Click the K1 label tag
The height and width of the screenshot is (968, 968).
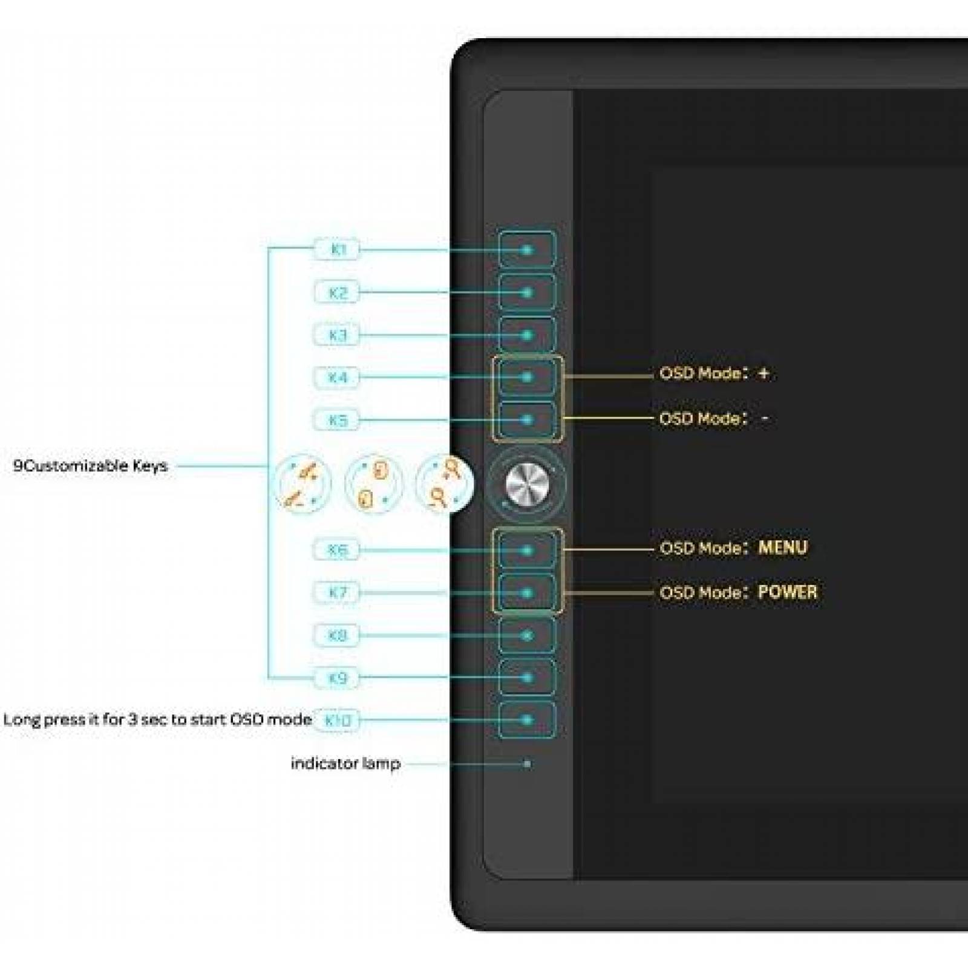[337, 249]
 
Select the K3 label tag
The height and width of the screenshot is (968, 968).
[337, 335]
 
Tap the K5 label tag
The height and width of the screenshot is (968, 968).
[337, 419]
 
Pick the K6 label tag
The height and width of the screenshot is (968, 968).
[337, 550]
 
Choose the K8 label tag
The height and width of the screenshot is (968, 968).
[337, 635]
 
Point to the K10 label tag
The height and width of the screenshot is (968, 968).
[337, 720]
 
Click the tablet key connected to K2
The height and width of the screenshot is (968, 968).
[527, 293]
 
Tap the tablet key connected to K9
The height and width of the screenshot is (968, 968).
[527, 678]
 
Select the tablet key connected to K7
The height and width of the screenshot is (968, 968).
[527, 593]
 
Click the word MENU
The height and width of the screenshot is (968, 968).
[782, 548]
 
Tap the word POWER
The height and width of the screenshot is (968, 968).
[787, 592]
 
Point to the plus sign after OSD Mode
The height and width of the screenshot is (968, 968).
[764, 373]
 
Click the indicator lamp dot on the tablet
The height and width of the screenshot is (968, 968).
[527, 764]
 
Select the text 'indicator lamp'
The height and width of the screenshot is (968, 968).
[345, 764]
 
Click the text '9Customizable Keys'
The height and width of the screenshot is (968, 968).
[90, 466]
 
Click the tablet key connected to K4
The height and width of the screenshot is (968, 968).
[527, 377]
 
